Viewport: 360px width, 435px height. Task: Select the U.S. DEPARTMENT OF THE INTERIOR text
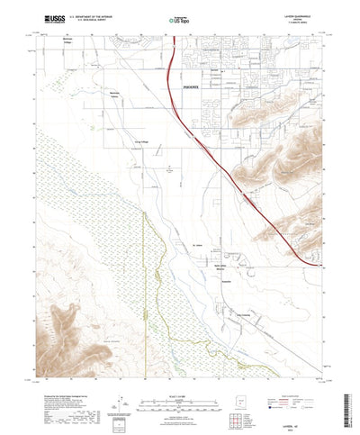(83, 14)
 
